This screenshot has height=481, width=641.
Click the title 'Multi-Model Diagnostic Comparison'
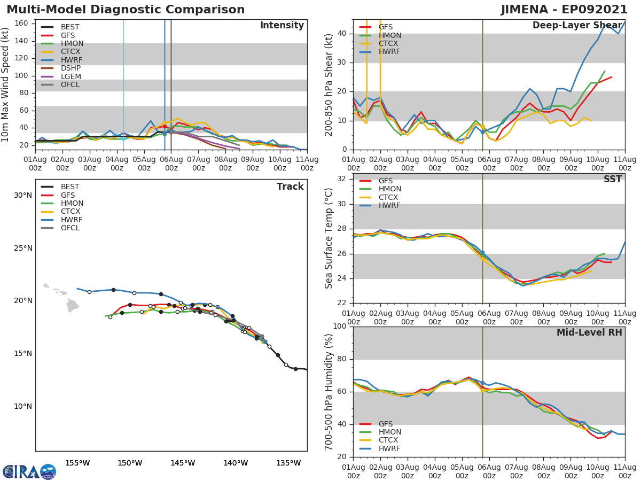126,10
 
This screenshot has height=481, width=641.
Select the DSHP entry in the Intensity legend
70,68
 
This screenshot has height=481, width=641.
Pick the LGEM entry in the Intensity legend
70,76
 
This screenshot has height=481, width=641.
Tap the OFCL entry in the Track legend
70,228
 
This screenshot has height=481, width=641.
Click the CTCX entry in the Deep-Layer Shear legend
389,44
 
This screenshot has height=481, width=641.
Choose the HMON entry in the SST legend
389,189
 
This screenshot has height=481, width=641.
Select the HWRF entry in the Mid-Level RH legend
389,449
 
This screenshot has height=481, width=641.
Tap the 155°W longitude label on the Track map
77,463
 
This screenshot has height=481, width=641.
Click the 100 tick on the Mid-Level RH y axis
340,327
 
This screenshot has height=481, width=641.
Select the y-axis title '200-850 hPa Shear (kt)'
329,84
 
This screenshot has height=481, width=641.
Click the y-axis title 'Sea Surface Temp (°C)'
329,238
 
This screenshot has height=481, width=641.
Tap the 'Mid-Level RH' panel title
589,332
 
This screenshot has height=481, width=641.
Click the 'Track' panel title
290,187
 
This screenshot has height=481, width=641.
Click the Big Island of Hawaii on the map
72,306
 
